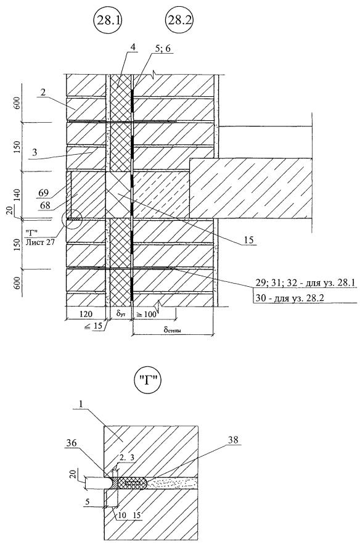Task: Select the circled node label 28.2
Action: point(179,20)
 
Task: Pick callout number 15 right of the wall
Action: point(248,240)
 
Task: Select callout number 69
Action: point(44,192)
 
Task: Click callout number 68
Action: point(45,205)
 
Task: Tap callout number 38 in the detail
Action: point(234,440)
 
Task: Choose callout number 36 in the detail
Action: point(71,443)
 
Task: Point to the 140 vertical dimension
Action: point(18,196)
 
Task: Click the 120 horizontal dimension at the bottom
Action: point(86,314)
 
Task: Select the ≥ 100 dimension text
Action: point(145,315)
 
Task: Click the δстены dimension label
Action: point(173,329)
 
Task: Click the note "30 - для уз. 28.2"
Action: point(290,298)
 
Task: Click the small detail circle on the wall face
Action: point(72,220)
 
